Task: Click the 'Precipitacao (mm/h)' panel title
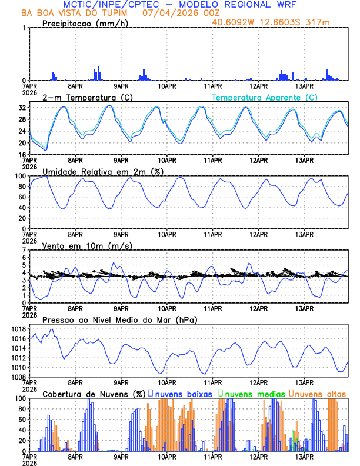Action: [x=85, y=23]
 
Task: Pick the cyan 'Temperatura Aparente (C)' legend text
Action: [x=265, y=97]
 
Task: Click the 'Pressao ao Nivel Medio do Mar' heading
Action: [x=119, y=319]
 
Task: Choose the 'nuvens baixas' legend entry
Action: [x=182, y=394]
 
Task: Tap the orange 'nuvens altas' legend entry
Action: [x=320, y=394]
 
